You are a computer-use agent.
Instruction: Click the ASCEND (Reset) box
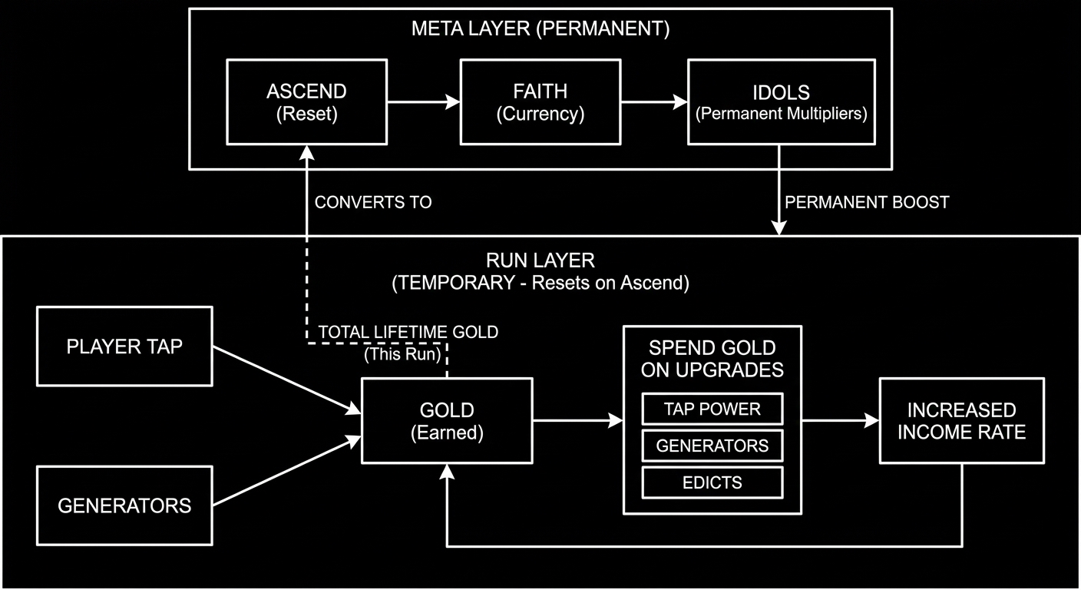(x=306, y=102)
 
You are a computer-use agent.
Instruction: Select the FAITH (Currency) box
(x=540, y=102)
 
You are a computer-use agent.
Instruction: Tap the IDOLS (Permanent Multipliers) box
(x=781, y=102)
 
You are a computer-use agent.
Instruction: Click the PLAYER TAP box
(x=124, y=346)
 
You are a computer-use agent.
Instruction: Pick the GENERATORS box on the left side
(x=124, y=505)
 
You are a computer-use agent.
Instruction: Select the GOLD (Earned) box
(x=447, y=420)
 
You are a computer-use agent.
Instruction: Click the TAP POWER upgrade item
(x=712, y=409)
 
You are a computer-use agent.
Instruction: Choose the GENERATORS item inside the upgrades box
(x=712, y=446)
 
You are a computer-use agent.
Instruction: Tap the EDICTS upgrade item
(x=712, y=482)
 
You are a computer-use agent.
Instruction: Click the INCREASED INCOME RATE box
(x=961, y=420)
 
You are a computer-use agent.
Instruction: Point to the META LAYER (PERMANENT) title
(x=540, y=29)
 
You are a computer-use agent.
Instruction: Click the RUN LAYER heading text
(x=540, y=261)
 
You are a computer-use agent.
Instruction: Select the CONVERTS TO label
(x=373, y=202)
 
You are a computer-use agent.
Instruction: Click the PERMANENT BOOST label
(x=867, y=202)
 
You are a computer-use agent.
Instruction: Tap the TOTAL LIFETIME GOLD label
(x=408, y=332)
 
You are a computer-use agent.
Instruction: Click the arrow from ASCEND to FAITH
(x=423, y=101)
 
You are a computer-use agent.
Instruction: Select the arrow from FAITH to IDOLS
(x=653, y=101)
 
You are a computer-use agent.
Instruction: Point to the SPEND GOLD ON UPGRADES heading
(x=712, y=358)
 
